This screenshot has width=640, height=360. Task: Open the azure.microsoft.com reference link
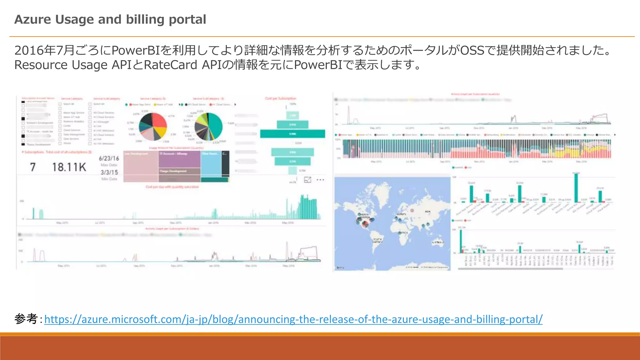pyautogui.click(x=293, y=319)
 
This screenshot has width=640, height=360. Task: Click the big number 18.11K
pyautogui.click(x=69, y=167)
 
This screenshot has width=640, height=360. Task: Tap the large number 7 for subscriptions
pyautogui.click(x=32, y=167)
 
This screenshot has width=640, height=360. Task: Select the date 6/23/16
pyautogui.click(x=109, y=158)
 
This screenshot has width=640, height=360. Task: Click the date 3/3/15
pyautogui.click(x=109, y=172)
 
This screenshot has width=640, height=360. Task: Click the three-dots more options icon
pyautogui.click(x=320, y=180)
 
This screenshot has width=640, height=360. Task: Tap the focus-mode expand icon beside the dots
pyautogui.click(x=307, y=180)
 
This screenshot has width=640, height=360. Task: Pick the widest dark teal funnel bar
pyautogui.click(x=292, y=134)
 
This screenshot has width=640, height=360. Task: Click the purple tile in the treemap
pyautogui.click(x=179, y=159)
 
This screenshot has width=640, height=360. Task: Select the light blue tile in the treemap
pyautogui.click(x=211, y=164)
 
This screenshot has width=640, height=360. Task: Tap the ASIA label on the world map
pyautogui.click(x=427, y=212)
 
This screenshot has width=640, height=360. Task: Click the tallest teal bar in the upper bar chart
pyautogui.click(x=576, y=187)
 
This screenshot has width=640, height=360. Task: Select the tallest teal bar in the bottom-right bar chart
pyautogui.click(x=461, y=241)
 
